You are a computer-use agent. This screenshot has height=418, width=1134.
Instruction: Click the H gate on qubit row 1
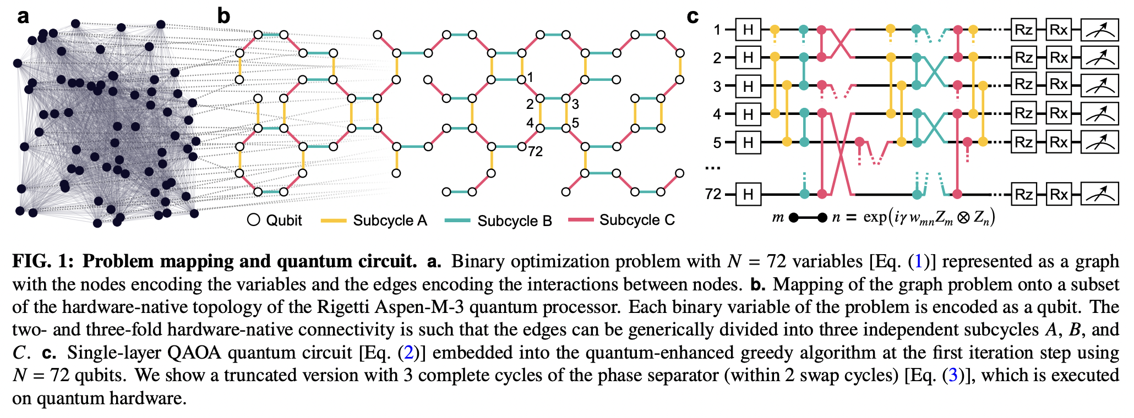[748, 30]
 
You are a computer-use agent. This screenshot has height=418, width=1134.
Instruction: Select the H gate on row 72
[748, 194]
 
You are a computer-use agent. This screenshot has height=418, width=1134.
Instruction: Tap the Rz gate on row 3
[1023, 85]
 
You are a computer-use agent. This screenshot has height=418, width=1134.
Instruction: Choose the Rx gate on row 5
[1059, 142]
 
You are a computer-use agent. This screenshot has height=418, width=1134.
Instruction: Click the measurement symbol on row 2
[1099, 57]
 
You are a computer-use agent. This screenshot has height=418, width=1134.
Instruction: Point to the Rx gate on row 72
[1059, 194]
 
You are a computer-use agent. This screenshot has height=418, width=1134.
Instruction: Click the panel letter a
[23, 16]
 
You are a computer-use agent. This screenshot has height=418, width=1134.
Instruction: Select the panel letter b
[223, 16]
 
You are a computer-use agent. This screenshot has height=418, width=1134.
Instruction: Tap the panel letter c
[693, 16]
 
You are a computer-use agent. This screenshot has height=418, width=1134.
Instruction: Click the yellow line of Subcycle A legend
[333, 221]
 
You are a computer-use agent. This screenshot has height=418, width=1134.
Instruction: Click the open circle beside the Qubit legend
[254, 220]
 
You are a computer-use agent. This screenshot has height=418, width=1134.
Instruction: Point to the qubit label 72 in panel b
[536, 152]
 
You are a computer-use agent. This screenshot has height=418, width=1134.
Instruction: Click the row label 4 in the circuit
[717, 114]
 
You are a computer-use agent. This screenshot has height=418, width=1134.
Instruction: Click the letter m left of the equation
[777, 218]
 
